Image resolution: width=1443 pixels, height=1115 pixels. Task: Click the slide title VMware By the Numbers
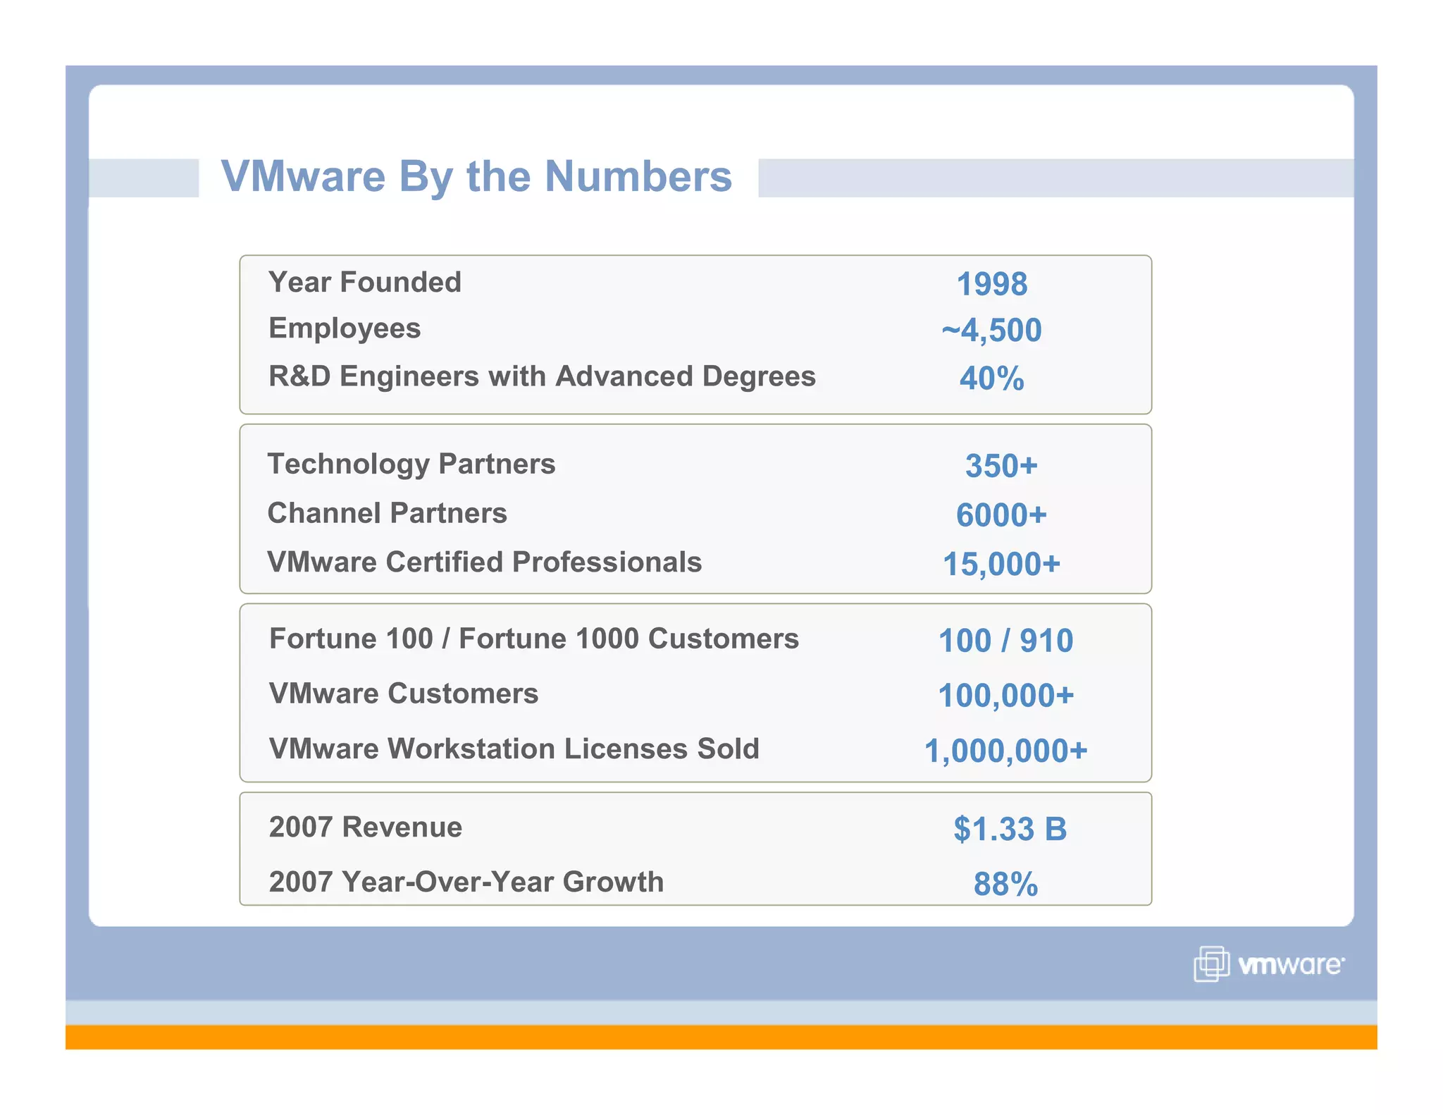(476, 176)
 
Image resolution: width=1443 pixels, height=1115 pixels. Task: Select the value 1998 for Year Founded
(991, 284)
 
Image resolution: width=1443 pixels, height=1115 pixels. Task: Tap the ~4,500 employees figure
(991, 330)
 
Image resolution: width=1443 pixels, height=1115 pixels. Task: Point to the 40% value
(991, 378)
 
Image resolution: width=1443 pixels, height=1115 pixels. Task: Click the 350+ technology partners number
(1001, 466)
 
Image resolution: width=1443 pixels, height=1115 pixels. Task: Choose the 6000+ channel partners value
(1001, 515)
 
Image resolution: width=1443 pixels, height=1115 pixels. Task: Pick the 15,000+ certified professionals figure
(1001, 564)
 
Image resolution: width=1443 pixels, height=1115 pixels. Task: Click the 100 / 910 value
(1005, 641)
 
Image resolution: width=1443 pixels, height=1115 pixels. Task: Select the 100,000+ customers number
(1005, 696)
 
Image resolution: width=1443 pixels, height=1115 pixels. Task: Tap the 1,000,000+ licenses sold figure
(1005, 751)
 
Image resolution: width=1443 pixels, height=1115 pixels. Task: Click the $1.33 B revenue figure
(1010, 829)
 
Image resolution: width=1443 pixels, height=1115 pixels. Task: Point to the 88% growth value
(1005, 884)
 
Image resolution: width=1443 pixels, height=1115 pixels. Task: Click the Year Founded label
(364, 282)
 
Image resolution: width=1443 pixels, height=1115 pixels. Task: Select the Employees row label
(345, 328)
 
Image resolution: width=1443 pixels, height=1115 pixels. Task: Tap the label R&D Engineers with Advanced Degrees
(542, 376)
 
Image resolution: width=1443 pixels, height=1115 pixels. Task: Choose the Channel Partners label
(387, 513)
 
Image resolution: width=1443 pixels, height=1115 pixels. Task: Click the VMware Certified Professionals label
(484, 562)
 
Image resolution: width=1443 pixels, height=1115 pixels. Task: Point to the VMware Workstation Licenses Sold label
(514, 749)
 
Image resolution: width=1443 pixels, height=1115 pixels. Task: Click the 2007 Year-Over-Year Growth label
(466, 882)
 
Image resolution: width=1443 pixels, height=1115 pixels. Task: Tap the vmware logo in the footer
(1269, 964)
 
